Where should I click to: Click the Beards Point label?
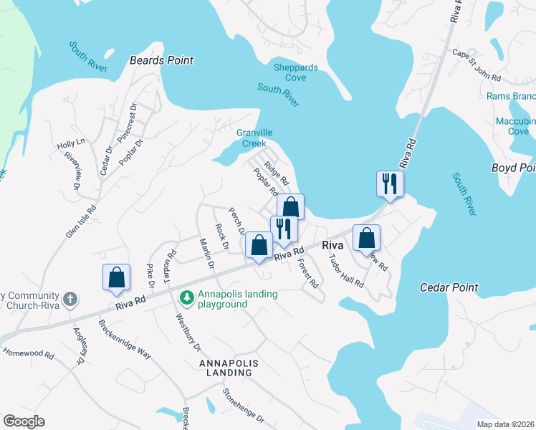pos(161,61)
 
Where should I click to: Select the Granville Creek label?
pos(252,138)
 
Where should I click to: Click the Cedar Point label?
pos(448,287)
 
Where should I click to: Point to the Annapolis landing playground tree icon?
pos(187,295)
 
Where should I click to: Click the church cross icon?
pos(70,299)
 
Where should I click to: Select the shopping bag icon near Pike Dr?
pos(116,277)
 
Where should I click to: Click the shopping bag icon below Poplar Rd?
pos(290,206)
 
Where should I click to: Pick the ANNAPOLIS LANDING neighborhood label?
pos(228,368)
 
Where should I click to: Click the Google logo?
pos(24,421)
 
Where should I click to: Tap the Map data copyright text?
pos(504,424)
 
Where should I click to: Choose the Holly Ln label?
pos(71,144)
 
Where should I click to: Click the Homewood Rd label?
pos(29,353)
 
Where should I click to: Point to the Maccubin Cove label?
pos(515,126)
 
